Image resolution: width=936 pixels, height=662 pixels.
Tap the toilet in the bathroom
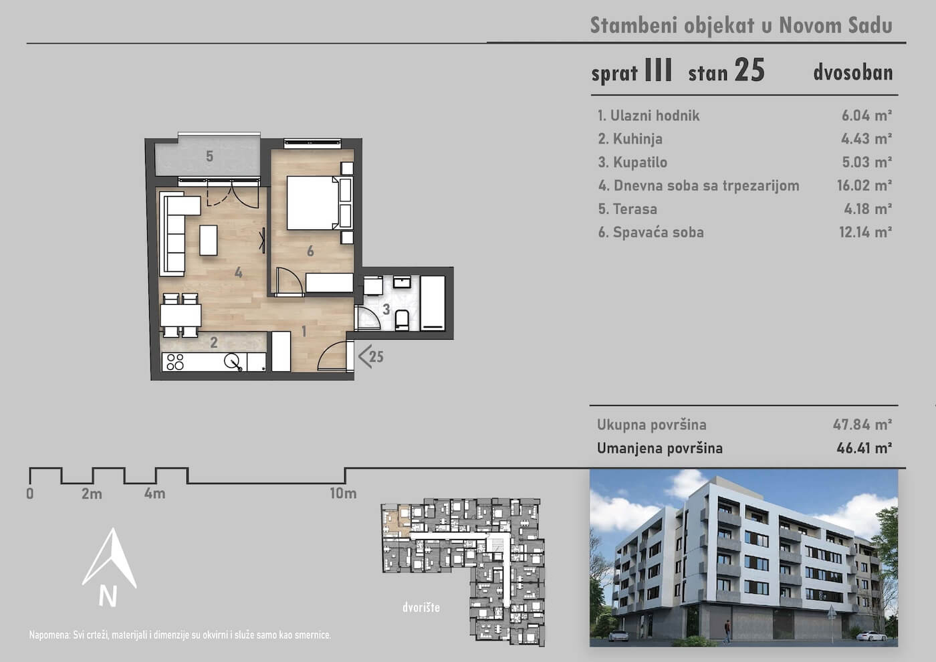(x=402, y=320)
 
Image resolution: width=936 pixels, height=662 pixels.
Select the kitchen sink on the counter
(x=233, y=362)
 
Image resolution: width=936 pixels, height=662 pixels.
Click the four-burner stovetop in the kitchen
(x=175, y=362)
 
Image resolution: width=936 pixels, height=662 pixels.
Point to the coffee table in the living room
(x=208, y=240)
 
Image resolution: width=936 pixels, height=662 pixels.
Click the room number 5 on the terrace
(x=209, y=156)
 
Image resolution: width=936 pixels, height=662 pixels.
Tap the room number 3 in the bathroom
(x=386, y=309)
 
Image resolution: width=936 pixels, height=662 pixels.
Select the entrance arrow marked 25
(x=370, y=356)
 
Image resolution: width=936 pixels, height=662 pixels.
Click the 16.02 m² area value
(x=864, y=185)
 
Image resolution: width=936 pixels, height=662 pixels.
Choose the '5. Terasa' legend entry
(x=627, y=209)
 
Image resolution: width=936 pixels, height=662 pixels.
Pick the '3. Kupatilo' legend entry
(x=632, y=162)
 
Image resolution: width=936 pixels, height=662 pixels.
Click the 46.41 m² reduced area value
(x=864, y=448)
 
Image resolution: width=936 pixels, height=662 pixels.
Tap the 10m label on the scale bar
(x=343, y=493)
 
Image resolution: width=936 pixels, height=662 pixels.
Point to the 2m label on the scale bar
(x=92, y=493)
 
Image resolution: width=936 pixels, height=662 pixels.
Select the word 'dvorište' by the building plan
(x=421, y=607)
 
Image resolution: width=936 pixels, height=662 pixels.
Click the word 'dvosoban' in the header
(x=853, y=73)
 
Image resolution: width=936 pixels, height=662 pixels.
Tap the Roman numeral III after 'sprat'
(x=659, y=70)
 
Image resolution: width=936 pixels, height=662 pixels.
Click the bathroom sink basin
(x=402, y=282)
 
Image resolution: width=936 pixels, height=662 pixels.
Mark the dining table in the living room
(x=181, y=315)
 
